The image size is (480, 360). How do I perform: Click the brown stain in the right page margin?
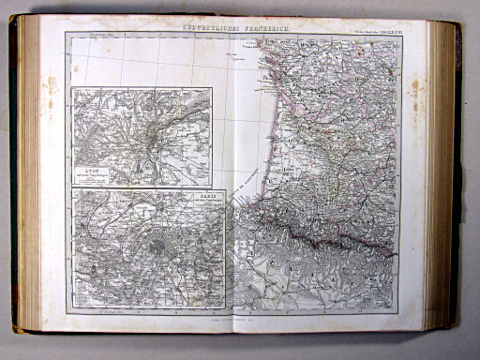click(414, 89)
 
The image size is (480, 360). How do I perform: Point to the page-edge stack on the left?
click(28, 178)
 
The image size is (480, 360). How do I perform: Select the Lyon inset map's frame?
click(142, 89)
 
